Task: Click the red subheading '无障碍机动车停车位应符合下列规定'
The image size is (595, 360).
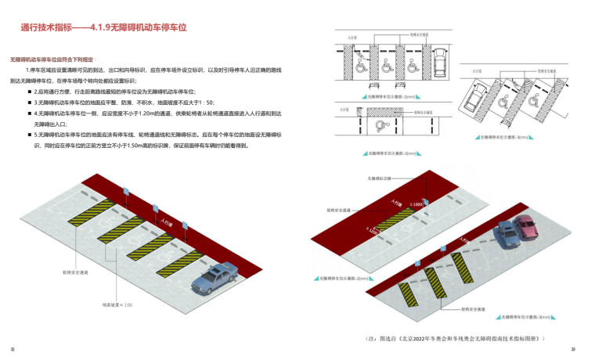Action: [x=52, y=59]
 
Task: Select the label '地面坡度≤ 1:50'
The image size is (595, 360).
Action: [x=118, y=304]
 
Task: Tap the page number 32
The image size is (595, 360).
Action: [x=12, y=349]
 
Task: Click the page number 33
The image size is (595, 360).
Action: [x=573, y=349]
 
